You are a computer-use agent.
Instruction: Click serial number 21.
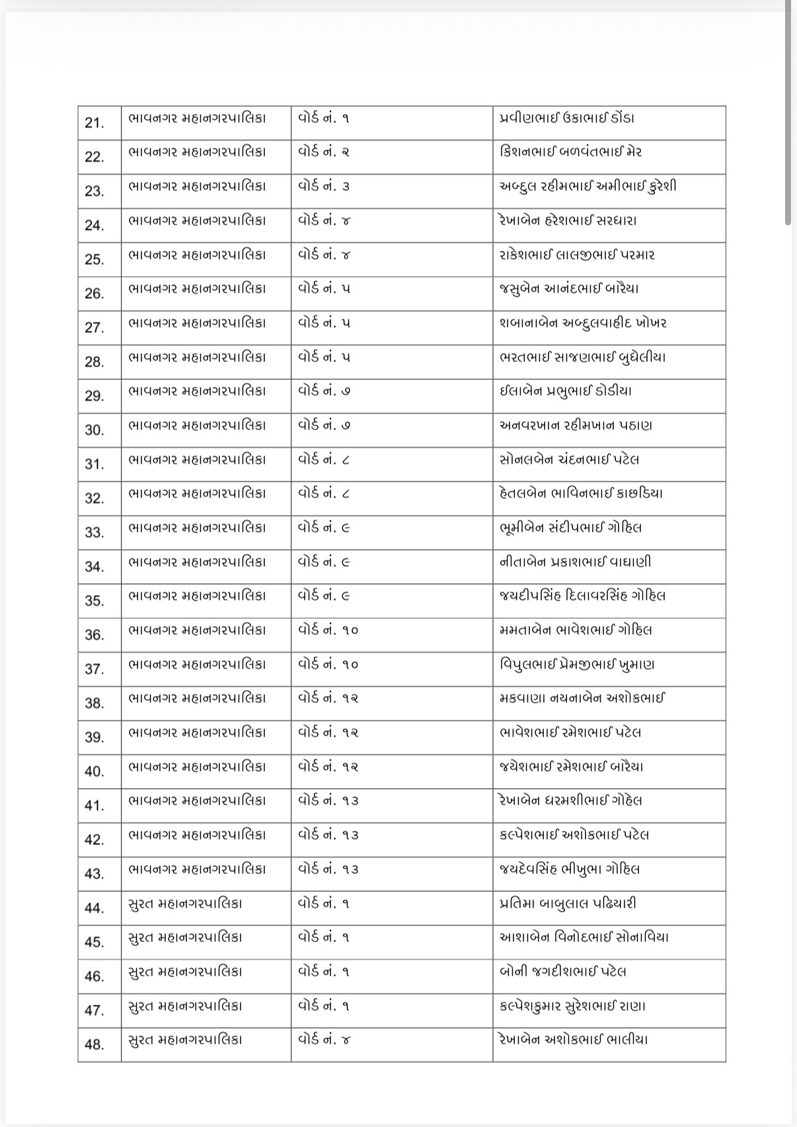pos(95,123)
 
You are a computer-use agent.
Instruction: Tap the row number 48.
pos(95,1044)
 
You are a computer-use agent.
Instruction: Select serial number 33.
pos(95,532)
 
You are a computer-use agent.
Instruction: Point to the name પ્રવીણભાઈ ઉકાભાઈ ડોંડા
pos(567,119)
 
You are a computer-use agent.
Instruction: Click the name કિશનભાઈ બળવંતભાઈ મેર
pos(571,153)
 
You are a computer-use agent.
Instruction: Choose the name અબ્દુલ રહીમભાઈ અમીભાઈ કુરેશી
pos(588,187)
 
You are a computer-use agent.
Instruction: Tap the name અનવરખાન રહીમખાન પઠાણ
pos(576,425)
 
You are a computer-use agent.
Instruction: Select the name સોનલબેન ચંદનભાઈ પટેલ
pos(569,460)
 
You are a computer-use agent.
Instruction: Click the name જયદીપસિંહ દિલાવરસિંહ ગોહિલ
pos(582,596)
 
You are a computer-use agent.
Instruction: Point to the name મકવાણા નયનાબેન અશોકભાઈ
pos(582,698)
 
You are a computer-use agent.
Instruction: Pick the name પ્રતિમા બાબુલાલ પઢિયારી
pos(568,903)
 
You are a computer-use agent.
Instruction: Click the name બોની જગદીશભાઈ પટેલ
pos(563,972)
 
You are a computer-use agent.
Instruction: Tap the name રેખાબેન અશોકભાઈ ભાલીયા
pos(574,1040)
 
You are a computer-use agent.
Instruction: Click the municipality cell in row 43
pos(197,869)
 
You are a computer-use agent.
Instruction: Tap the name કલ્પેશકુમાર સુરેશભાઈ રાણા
pos(572,1006)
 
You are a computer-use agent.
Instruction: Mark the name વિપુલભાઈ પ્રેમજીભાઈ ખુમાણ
pos(577,665)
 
